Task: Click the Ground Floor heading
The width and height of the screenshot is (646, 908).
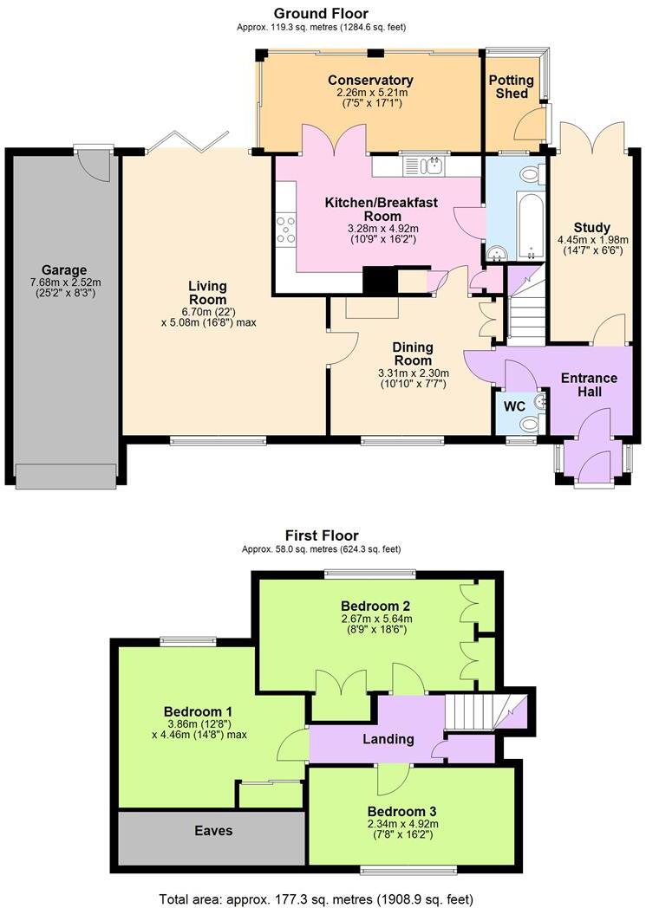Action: (321, 13)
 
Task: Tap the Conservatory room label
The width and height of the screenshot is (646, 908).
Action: (370, 81)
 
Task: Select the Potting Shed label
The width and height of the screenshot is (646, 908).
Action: (512, 87)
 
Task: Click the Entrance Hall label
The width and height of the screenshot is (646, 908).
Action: (589, 385)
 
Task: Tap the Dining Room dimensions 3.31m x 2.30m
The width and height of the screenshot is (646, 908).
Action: (413, 373)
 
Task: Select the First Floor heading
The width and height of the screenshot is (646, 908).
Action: (322, 535)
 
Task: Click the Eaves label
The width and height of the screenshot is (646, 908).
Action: (213, 830)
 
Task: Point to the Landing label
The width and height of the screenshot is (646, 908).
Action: (388, 739)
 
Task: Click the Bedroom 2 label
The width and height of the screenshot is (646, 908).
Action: (375, 605)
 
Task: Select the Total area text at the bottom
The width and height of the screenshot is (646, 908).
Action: (316, 898)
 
